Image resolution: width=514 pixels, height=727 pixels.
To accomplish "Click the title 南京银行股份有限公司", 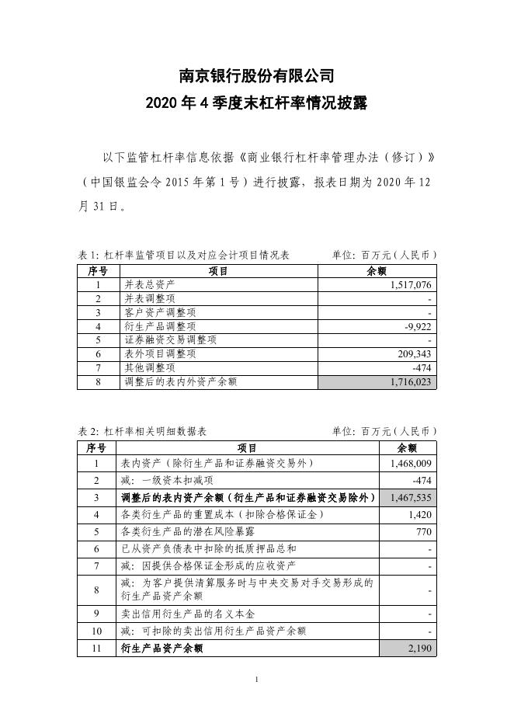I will tap(256, 76).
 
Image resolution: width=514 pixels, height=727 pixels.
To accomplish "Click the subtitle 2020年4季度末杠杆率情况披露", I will tap(256, 106).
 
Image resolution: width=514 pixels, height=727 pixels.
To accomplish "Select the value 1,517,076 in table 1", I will tap(410, 285).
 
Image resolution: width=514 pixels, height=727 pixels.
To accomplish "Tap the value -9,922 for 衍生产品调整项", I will tap(418, 326).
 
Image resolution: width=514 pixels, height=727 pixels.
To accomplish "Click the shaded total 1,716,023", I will tap(410, 381).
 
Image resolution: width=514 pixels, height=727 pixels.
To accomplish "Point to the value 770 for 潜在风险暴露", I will tap(424, 532).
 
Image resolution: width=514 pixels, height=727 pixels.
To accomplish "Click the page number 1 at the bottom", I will tap(256, 681).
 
